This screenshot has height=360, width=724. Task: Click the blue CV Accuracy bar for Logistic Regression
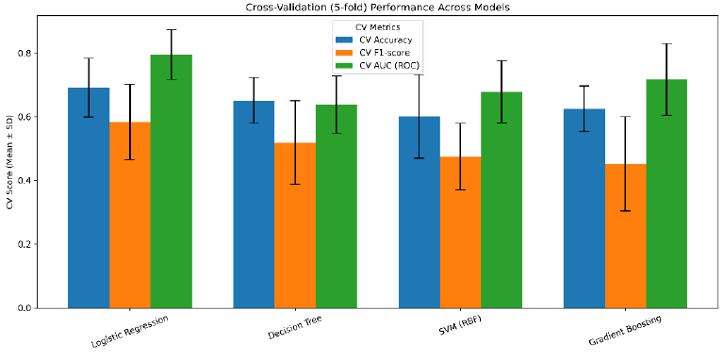[x=89, y=198]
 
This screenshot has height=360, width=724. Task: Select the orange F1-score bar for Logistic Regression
[x=130, y=215]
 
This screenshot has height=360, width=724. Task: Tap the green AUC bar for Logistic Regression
[x=171, y=181]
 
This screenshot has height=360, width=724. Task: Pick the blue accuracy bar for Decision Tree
[x=254, y=205]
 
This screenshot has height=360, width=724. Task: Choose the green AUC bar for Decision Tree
[x=337, y=206]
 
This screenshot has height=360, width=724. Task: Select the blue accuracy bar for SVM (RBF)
[x=420, y=212]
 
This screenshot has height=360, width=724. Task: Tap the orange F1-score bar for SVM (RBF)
[x=460, y=232]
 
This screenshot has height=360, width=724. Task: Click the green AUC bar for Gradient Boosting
[x=666, y=193]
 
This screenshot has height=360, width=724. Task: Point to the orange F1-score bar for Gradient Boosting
[x=626, y=236]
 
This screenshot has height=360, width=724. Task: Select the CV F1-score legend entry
[x=374, y=53]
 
